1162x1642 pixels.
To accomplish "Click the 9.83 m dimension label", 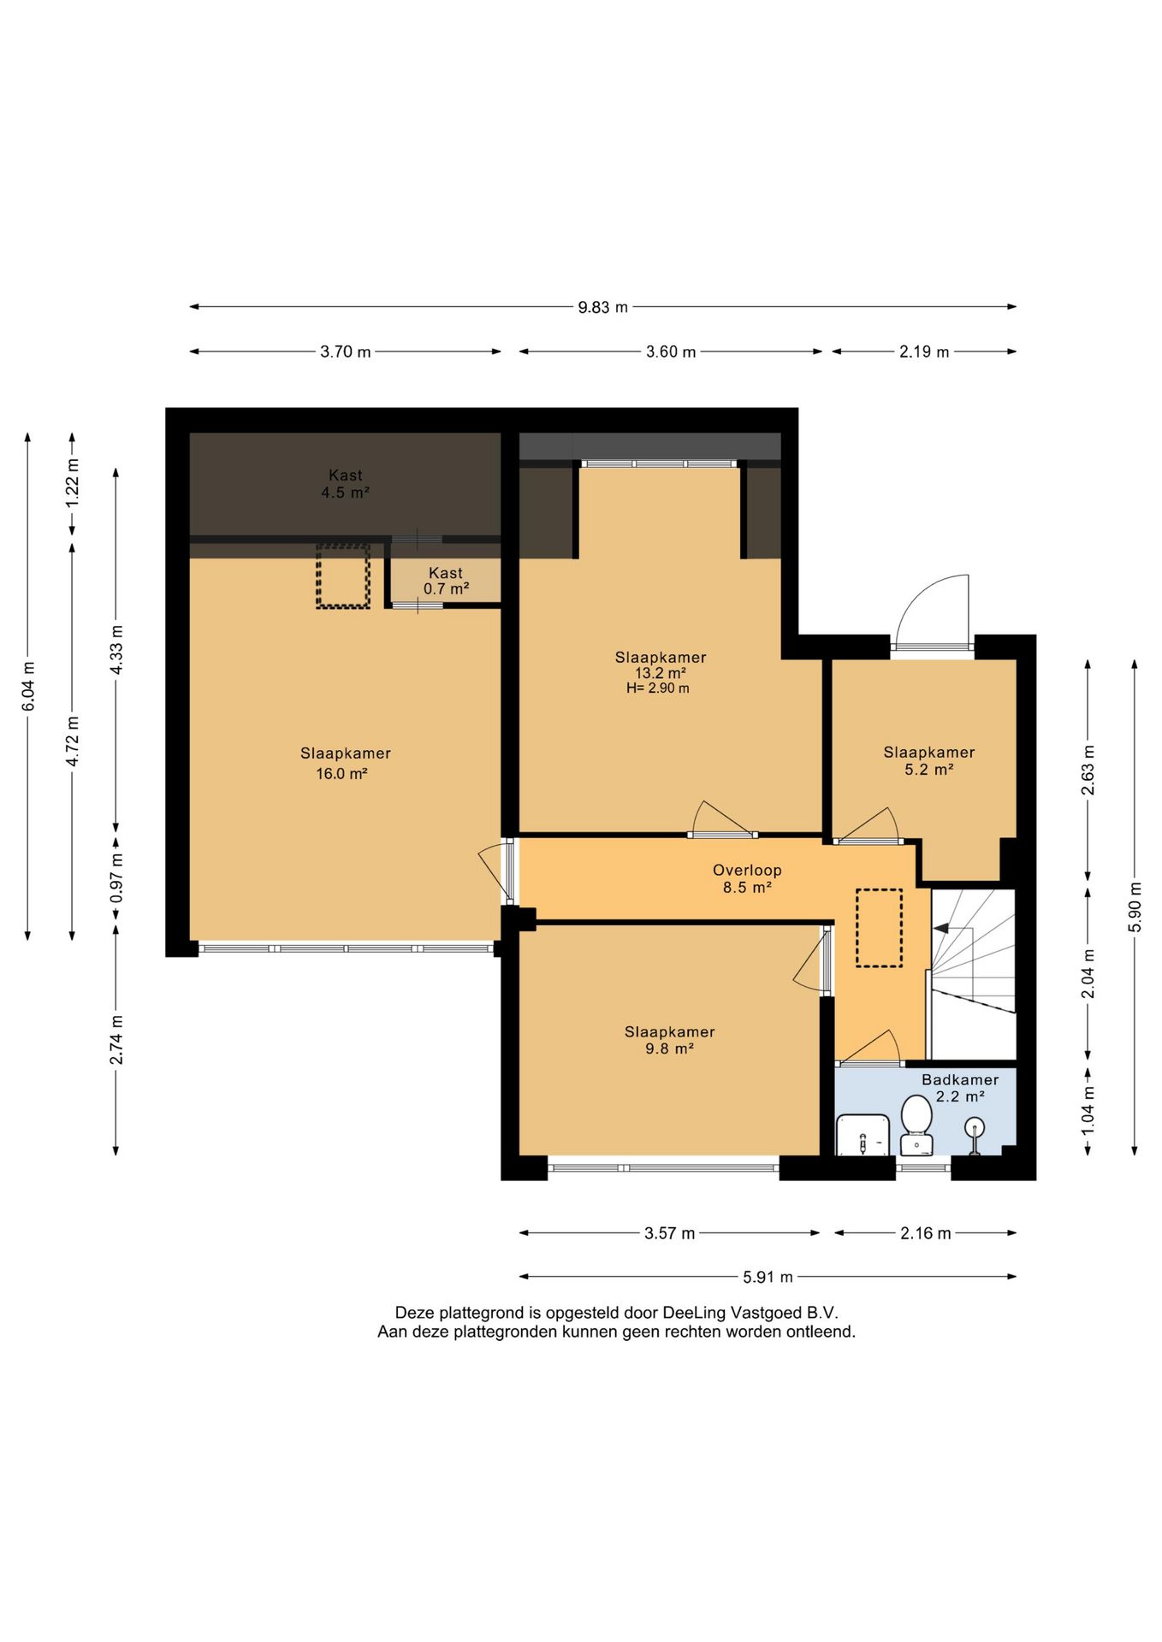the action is coord(602,307).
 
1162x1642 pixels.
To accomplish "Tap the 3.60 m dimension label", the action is coord(671,351).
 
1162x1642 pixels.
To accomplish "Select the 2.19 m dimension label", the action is coord(924,351).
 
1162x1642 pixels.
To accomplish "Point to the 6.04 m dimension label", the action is coord(28,686).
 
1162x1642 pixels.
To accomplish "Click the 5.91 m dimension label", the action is coord(768,1277).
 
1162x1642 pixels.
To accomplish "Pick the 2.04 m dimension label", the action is coord(1088,973).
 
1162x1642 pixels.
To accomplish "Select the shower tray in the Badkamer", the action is coord(863,1134).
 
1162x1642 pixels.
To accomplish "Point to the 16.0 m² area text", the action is coord(341,774).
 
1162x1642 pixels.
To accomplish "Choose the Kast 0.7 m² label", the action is coord(446,581).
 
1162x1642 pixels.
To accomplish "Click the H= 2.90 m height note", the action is coord(658,688).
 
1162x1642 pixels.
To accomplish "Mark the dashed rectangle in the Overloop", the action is coord(880,928).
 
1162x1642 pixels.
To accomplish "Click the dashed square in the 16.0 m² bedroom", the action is coord(343,576).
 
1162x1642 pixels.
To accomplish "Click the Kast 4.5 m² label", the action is coord(346,484).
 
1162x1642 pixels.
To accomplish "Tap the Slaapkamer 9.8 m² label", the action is coord(669,1040).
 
